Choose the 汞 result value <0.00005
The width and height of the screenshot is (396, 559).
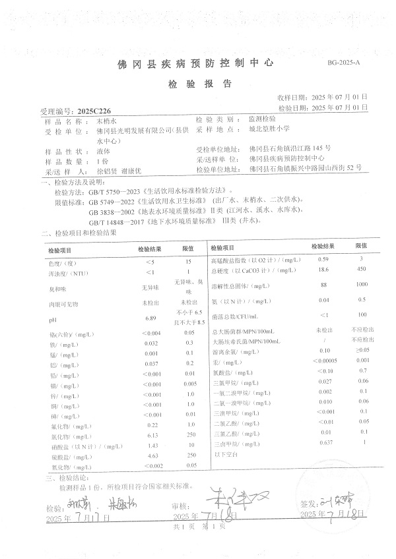tap(323, 361)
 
